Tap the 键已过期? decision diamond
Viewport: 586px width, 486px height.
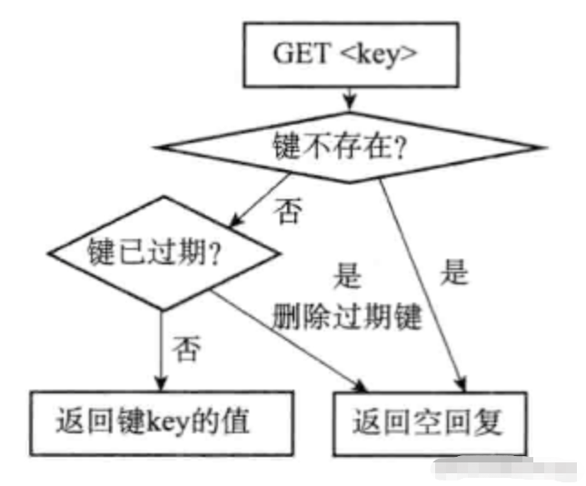(159, 251)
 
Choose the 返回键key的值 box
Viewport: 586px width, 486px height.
(153, 422)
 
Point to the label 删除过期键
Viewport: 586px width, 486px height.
(344, 315)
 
